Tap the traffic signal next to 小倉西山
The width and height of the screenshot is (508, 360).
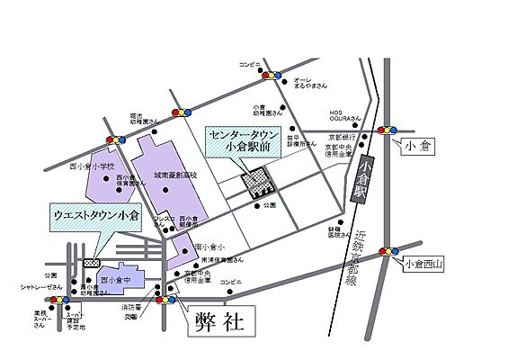point(388,251)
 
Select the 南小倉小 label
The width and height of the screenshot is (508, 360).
point(207,245)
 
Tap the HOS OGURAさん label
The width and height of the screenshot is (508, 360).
point(343,114)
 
